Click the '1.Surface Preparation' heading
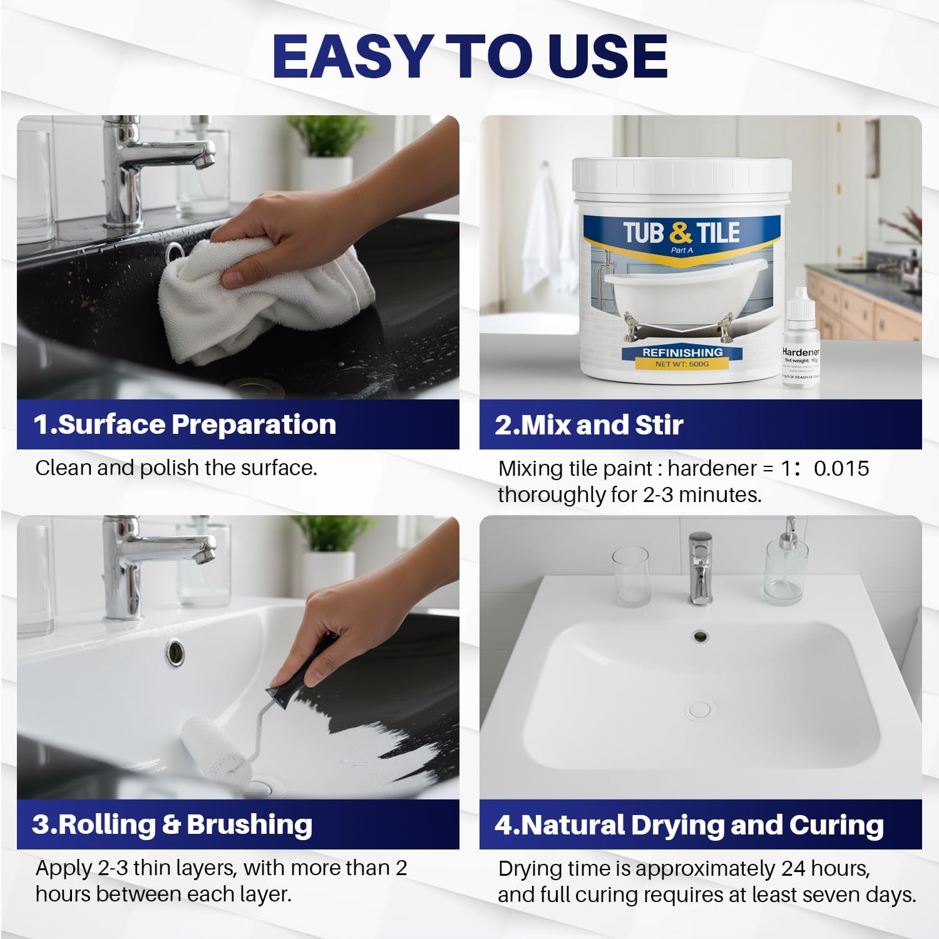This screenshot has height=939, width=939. pyautogui.click(x=185, y=424)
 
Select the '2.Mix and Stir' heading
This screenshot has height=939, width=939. pyautogui.click(x=588, y=425)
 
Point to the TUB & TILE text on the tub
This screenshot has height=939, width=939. pyautogui.click(x=681, y=233)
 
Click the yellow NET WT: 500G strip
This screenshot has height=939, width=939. pyautogui.click(x=682, y=364)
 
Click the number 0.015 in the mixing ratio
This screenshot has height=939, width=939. pyautogui.click(x=841, y=468)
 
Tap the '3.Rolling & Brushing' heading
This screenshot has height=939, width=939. pyautogui.click(x=172, y=824)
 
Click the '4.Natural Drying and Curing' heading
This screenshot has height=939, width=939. pyautogui.click(x=689, y=825)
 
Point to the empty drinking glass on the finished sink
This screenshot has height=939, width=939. pyautogui.click(x=630, y=576)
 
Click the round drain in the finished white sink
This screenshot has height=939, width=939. pyautogui.click(x=699, y=710)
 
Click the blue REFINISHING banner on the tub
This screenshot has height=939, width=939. pyautogui.click(x=682, y=352)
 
